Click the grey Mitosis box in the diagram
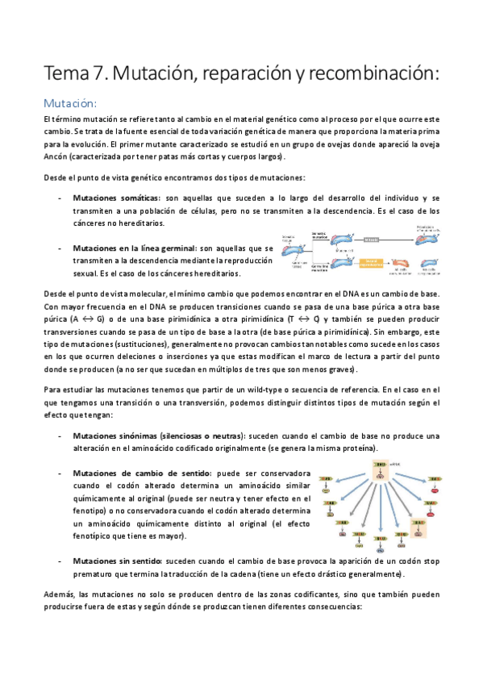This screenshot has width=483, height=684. click(x=372, y=240)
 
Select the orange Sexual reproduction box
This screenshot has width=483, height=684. click(x=372, y=262)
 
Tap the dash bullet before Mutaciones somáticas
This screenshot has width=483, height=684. click(x=61, y=198)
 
